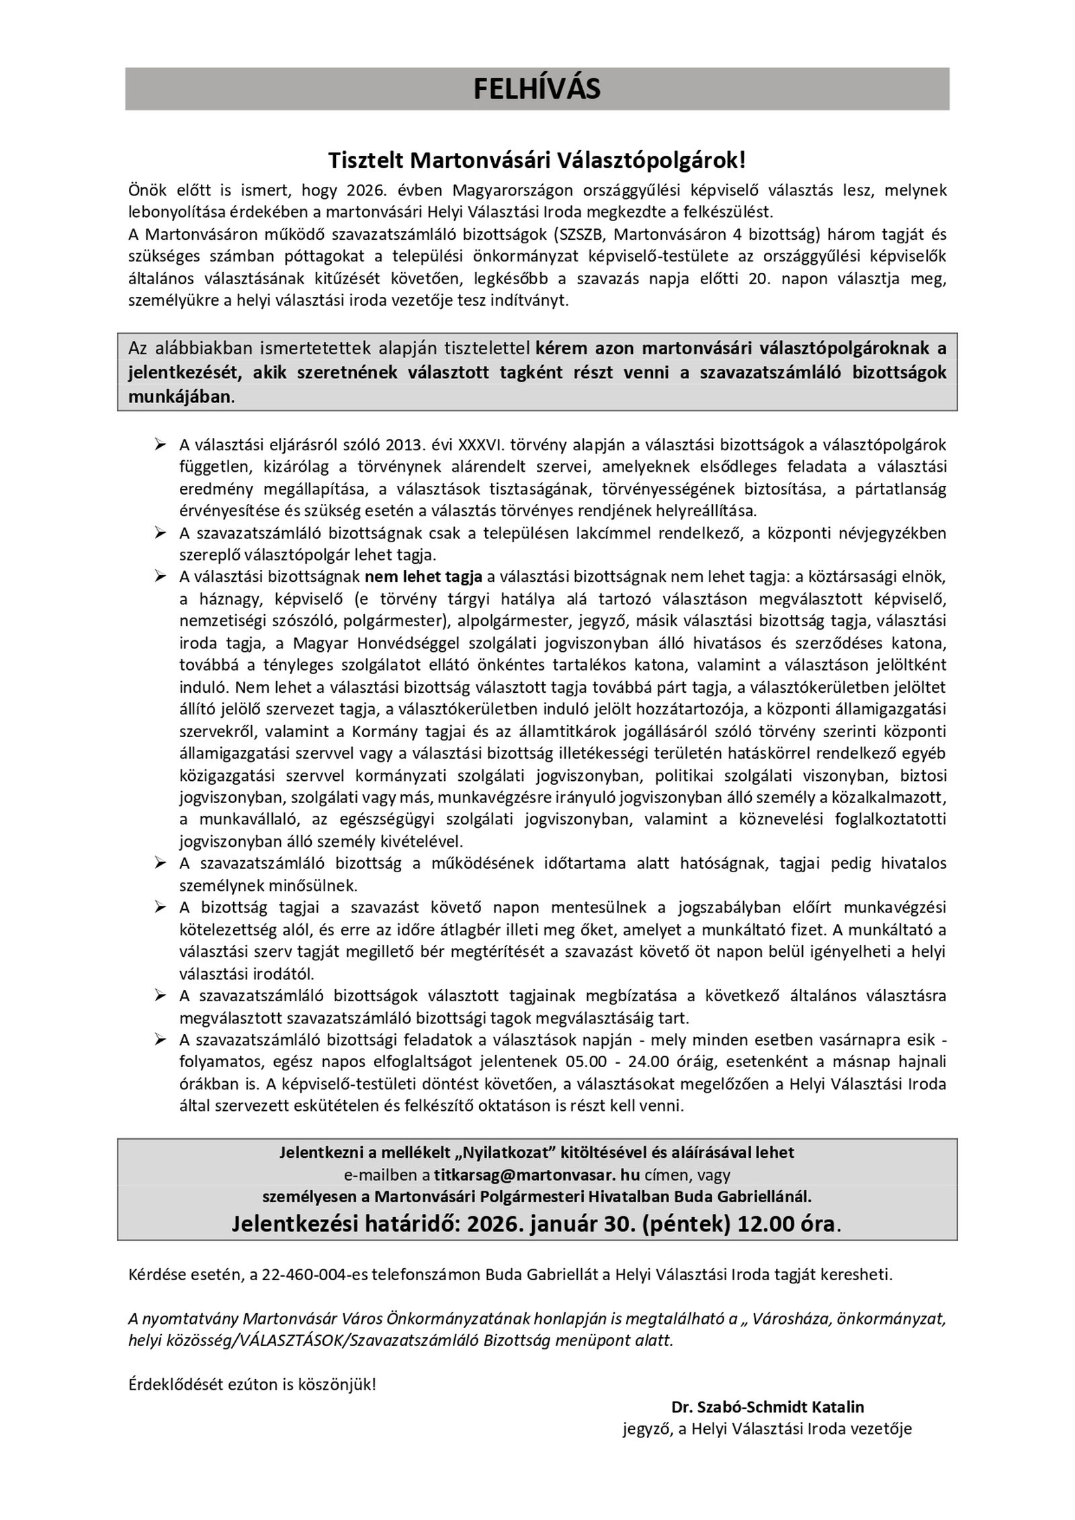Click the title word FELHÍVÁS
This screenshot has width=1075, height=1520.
click(537, 89)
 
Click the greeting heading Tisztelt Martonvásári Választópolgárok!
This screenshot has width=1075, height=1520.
click(537, 161)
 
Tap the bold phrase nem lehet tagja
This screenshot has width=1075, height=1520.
click(423, 576)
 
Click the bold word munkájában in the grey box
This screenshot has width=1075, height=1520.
click(179, 396)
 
